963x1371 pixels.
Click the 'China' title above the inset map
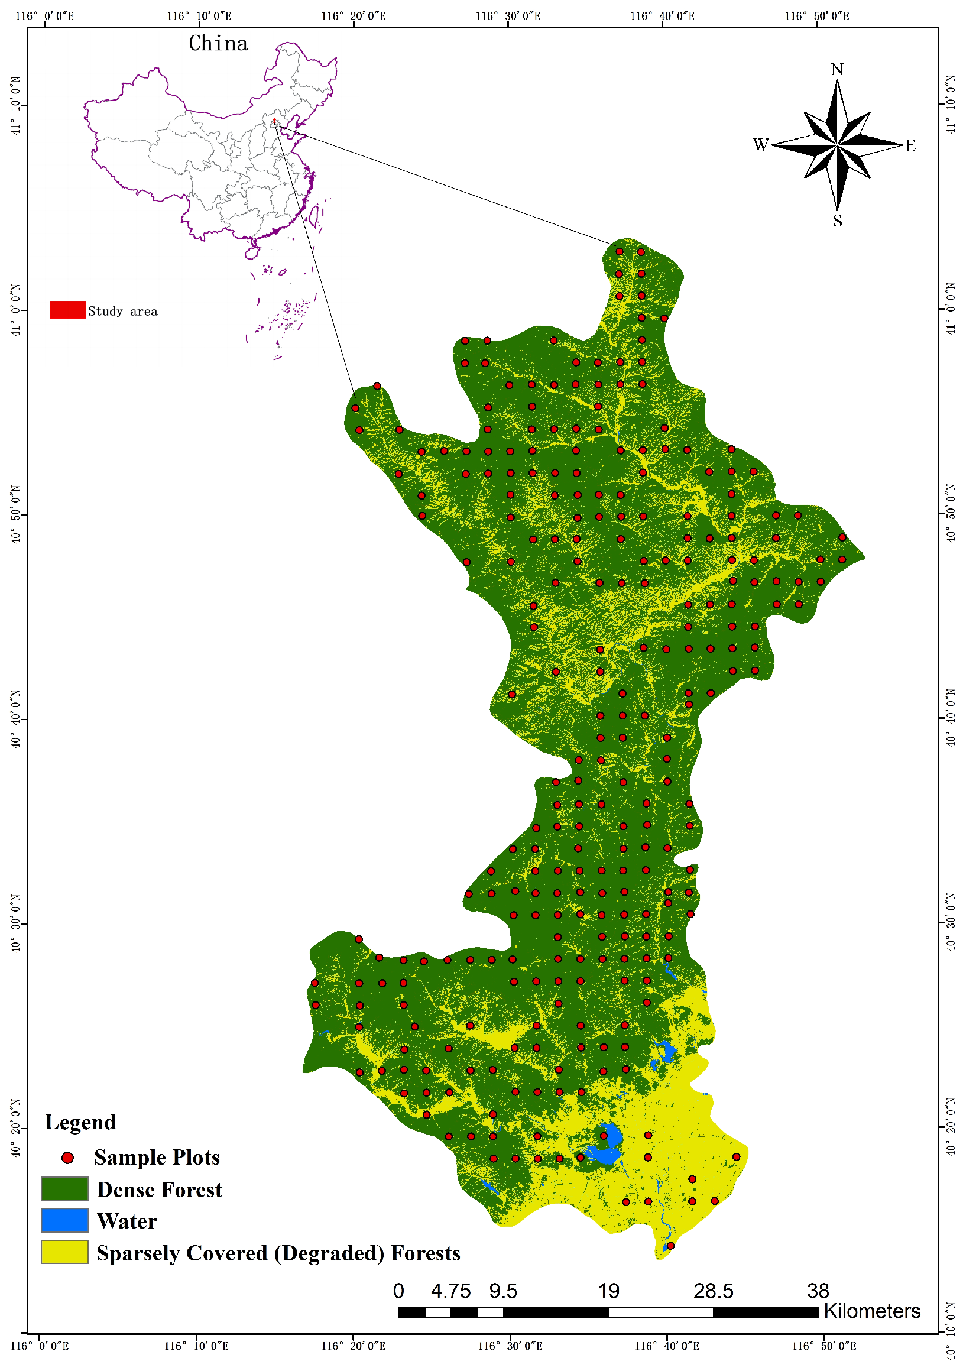(x=218, y=44)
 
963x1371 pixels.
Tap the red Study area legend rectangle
(x=67, y=310)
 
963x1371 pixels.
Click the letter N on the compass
(x=837, y=70)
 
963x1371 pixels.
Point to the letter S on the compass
(x=838, y=221)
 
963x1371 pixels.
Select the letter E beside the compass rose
(x=910, y=145)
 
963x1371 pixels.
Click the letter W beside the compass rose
(x=760, y=144)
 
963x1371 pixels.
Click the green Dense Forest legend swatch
(x=64, y=1189)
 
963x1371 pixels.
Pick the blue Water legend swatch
(x=64, y=1220)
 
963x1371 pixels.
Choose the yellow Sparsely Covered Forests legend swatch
(x=64, y=1252)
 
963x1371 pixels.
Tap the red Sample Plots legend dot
(x=68, y=1158)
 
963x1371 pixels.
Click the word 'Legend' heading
(x=80, y=1123)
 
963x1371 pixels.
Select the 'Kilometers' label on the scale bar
(x=871, y=1311)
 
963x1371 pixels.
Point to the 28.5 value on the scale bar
(x=713, y=1292)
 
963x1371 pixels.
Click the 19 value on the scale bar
(x=608, y=1292)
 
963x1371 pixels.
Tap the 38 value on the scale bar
(x=818, y=1292)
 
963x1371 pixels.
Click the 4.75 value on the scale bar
(x=450, y=1292)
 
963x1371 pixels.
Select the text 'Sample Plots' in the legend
(x=157, y=1158)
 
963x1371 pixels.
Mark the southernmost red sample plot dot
(x=670, y=1246)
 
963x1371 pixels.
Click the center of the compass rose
(x=837, y=145)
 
